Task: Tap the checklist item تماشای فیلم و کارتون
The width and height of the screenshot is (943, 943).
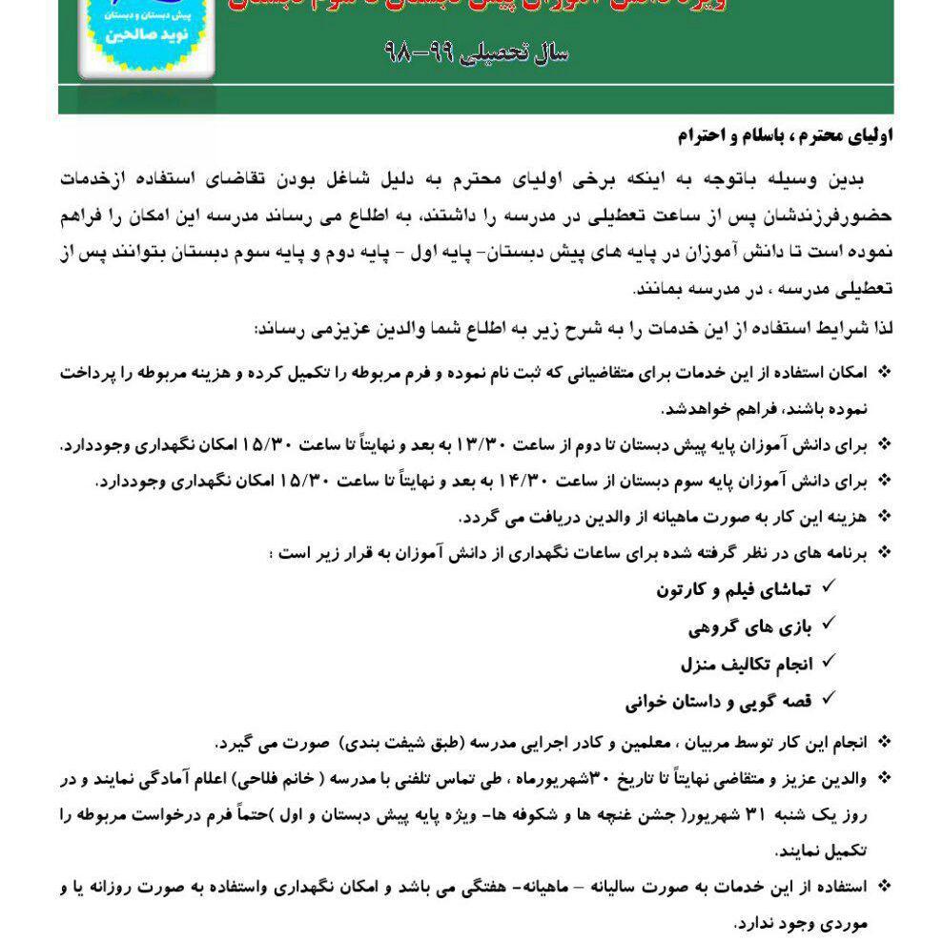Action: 732,590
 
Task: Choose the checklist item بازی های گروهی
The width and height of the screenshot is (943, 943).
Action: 749,627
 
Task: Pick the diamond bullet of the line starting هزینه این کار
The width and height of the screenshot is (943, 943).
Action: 884,518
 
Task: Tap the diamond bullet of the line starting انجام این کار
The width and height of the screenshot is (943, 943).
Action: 884,743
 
